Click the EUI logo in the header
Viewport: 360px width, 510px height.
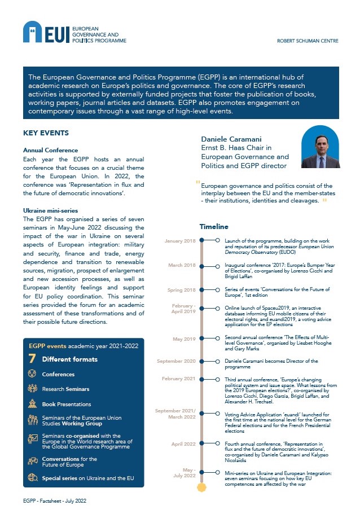[x=46, y=33]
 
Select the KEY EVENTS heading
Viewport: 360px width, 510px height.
[x=46, y=133]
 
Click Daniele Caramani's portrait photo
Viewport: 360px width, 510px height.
[x=321, y=147]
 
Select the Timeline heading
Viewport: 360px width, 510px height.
[x=213, y=226]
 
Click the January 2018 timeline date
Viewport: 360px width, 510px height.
[x=180, y=241]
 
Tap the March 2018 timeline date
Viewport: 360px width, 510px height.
[x=182, y=265]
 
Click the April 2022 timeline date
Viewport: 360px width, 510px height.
[x=183, y=444]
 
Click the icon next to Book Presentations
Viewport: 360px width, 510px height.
[x=32, y=404]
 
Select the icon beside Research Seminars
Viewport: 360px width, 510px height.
[x=32, y=389]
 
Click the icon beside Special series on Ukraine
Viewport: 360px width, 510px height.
[x=32, y=478]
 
